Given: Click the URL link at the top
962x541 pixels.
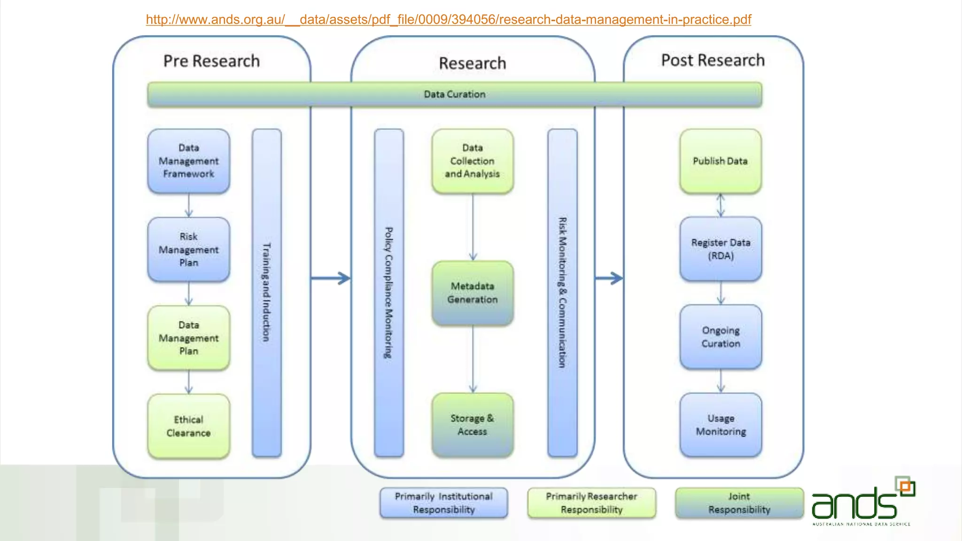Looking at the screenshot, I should pyautogui.click(x=448, y=20).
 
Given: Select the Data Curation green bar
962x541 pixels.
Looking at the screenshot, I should pyautogui.click(x=454, y=94).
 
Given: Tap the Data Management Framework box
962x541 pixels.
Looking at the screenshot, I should pyautogui.click(x=188, y=161).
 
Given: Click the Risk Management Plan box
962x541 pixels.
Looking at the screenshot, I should pyautogui.click(x=188, y=249).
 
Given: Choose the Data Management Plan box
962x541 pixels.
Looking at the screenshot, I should pyautogui.click(x=188, y=338).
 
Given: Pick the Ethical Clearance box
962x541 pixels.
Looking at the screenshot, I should pyautogui.click(x=188, y=426).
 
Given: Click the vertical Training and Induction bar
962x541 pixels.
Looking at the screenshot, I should pyautogui.click(x=266, y=292).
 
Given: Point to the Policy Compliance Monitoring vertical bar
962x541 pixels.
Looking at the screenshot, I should pyautogui.click(x=388, y=292).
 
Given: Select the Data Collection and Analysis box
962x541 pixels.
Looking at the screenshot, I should pyautogui.click(x=472, y=161).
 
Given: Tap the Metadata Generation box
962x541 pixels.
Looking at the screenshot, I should pyautogui.click(x=472, y=293).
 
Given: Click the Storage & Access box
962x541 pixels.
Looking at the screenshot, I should pyautogui.click(x=472, y=425).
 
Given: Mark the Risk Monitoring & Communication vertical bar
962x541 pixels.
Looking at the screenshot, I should pyautogui.click(x=562, y=292).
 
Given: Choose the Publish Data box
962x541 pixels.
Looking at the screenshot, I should pyautogui.click(x=720, y=161).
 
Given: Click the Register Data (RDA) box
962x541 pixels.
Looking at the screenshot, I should pyautogui.click(x=721, y=249).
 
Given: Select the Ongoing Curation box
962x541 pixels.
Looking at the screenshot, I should pyautogui.click(x=721, y=337).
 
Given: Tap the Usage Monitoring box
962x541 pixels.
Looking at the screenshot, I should pyautogui.click(x=721, y=425).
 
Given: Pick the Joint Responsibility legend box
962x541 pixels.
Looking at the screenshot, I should pyautogui.click(x=739, y=503).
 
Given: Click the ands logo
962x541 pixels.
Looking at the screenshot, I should pyautogui.click(x=862, y=502).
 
